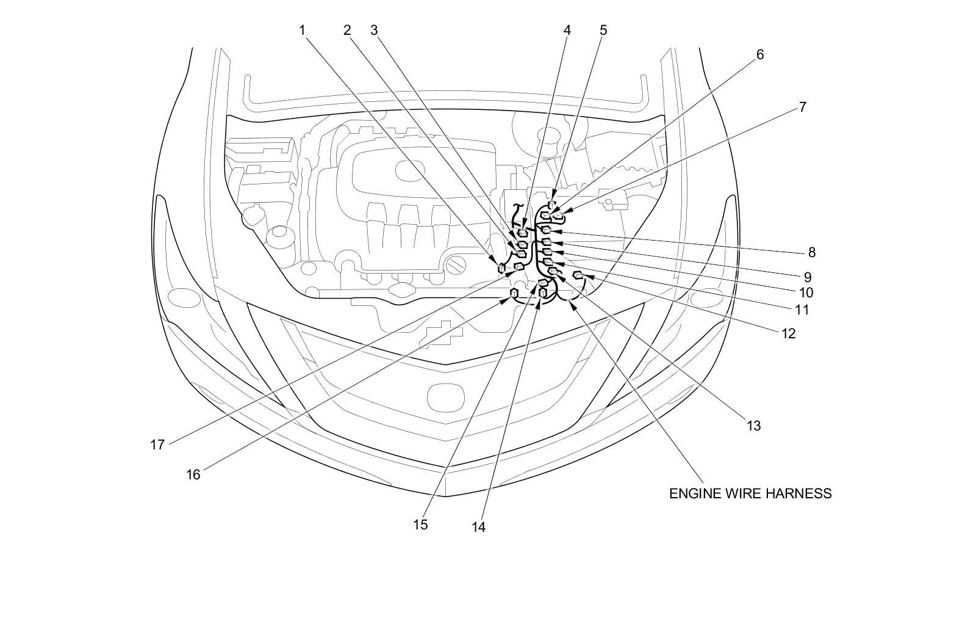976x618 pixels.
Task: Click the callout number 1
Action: [x=302, y=30]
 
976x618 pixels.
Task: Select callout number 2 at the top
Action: [x=347, y=30]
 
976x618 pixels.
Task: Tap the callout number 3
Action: [x=374, y=30]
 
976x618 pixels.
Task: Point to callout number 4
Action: [x=567, y=30]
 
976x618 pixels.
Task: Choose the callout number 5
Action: [x=603, y=30]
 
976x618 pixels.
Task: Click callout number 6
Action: [x=759, y=54]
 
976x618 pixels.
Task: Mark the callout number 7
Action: [x=802, y=107]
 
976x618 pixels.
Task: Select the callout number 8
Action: [x=811, y=252]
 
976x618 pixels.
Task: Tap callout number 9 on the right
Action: [x=807, y=277]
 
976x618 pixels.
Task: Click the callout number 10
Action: [x=806, y=293]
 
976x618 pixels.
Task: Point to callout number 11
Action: [x=802, y=310]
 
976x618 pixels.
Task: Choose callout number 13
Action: [x=754, y=426]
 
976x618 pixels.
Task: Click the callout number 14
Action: [x=479, y=527]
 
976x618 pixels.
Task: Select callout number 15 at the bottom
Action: [x=420, y=525]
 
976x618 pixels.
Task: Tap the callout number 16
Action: [x=193, y=474]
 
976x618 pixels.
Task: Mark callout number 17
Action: [x=157, y=445]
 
